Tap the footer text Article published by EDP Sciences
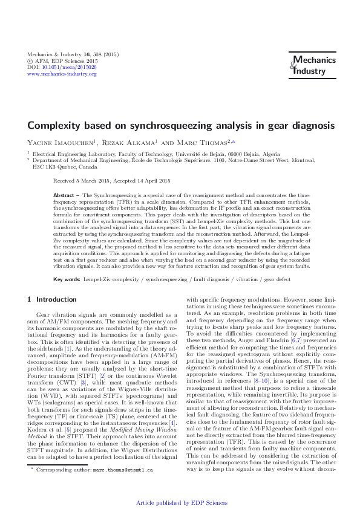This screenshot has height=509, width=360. (180, 503)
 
